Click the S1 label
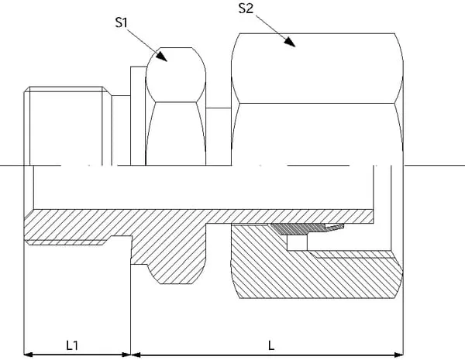[120, 23]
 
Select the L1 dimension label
[74, 344]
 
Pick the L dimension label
[270, 344]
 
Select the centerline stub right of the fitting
[434, 166]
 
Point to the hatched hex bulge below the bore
[178, 263]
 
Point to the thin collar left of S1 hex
[138, 116]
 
